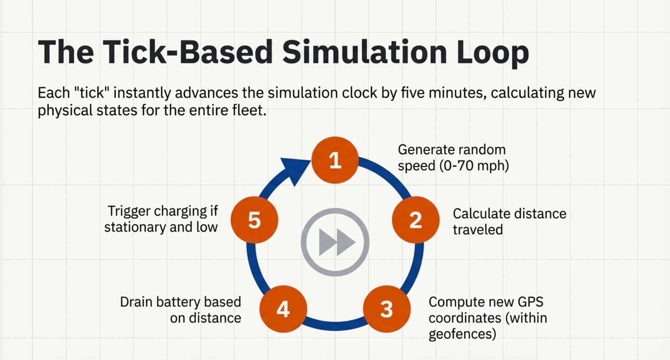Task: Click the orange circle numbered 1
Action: coord(335,160)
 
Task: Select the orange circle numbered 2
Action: coord(415,220)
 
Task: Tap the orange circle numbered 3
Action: coord(386,309)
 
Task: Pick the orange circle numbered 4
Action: coord(283,309)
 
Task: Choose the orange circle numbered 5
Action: coord(255,220)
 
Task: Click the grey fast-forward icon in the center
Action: coord(335,242)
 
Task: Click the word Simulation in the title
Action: coord(364,52)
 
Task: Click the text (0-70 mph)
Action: coord(474,165)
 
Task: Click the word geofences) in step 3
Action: coord(462,334)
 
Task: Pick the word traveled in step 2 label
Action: coord(478,230)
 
